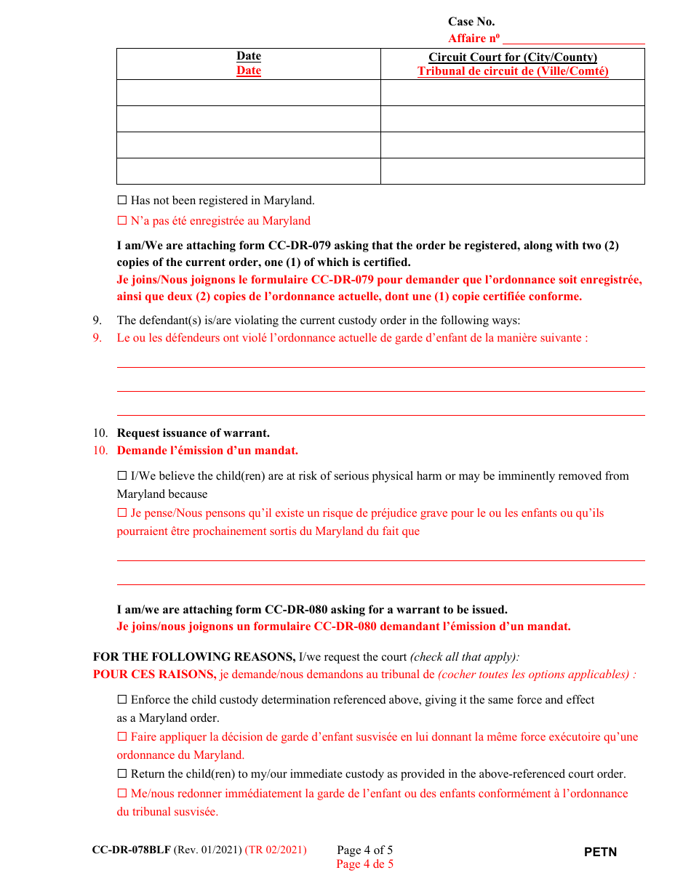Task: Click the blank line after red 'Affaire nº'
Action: coord(573,39)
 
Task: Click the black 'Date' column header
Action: coord(249,56)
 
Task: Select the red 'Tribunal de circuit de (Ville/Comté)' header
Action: coord(513,71)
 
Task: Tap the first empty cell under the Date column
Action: coord(249,92)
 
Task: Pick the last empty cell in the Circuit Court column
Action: coord(513,171)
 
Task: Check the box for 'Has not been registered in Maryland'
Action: coord(121,201)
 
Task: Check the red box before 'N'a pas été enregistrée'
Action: coord(121,221)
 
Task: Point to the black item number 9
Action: coord(97,321)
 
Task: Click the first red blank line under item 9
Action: coord(380,366)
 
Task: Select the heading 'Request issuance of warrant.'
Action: coord(193,433)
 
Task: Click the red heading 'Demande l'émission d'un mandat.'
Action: coord(207,451)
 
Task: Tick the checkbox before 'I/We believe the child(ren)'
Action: coord(121,476)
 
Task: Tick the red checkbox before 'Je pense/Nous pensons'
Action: coord(121,513)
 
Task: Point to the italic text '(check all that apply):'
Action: coord(465,657)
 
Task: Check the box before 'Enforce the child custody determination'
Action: coord(121,700)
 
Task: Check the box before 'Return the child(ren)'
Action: coord(121,774)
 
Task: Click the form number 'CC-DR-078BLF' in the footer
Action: coord(132,850)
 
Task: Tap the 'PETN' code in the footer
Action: coord(600,852)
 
